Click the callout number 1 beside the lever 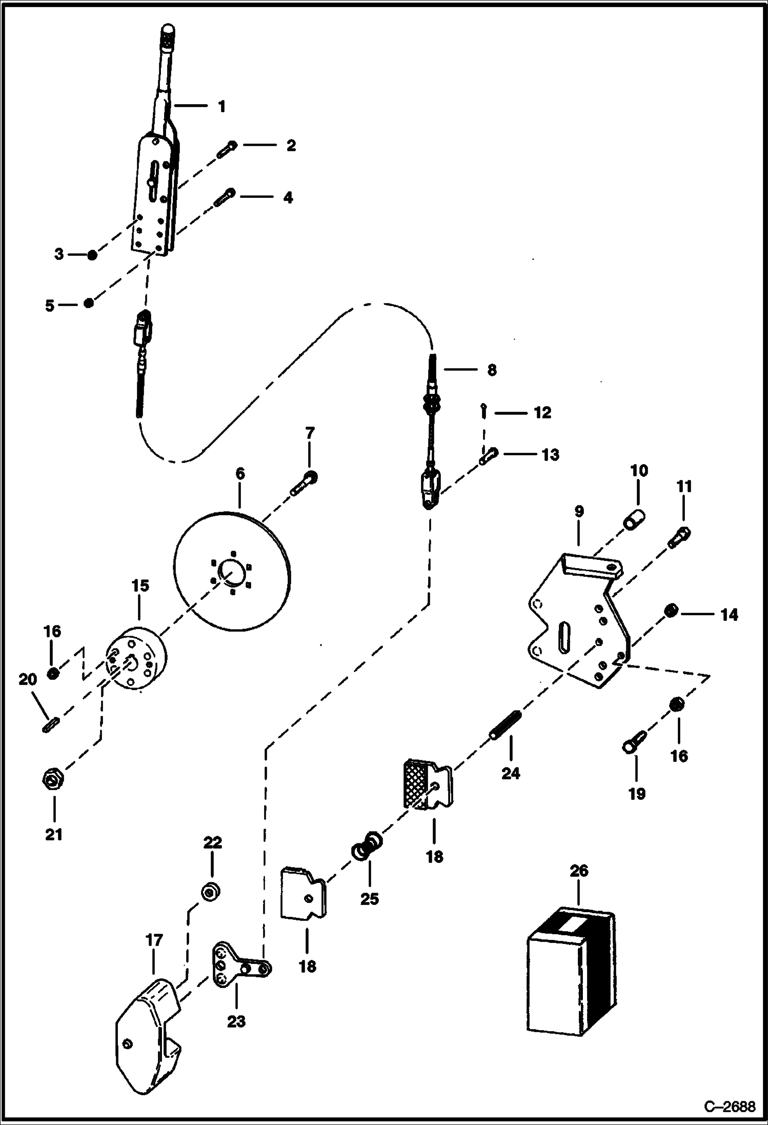[221, 107]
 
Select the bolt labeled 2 [226, 150]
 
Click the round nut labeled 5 [89, 303]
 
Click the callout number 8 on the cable [491, 370]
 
